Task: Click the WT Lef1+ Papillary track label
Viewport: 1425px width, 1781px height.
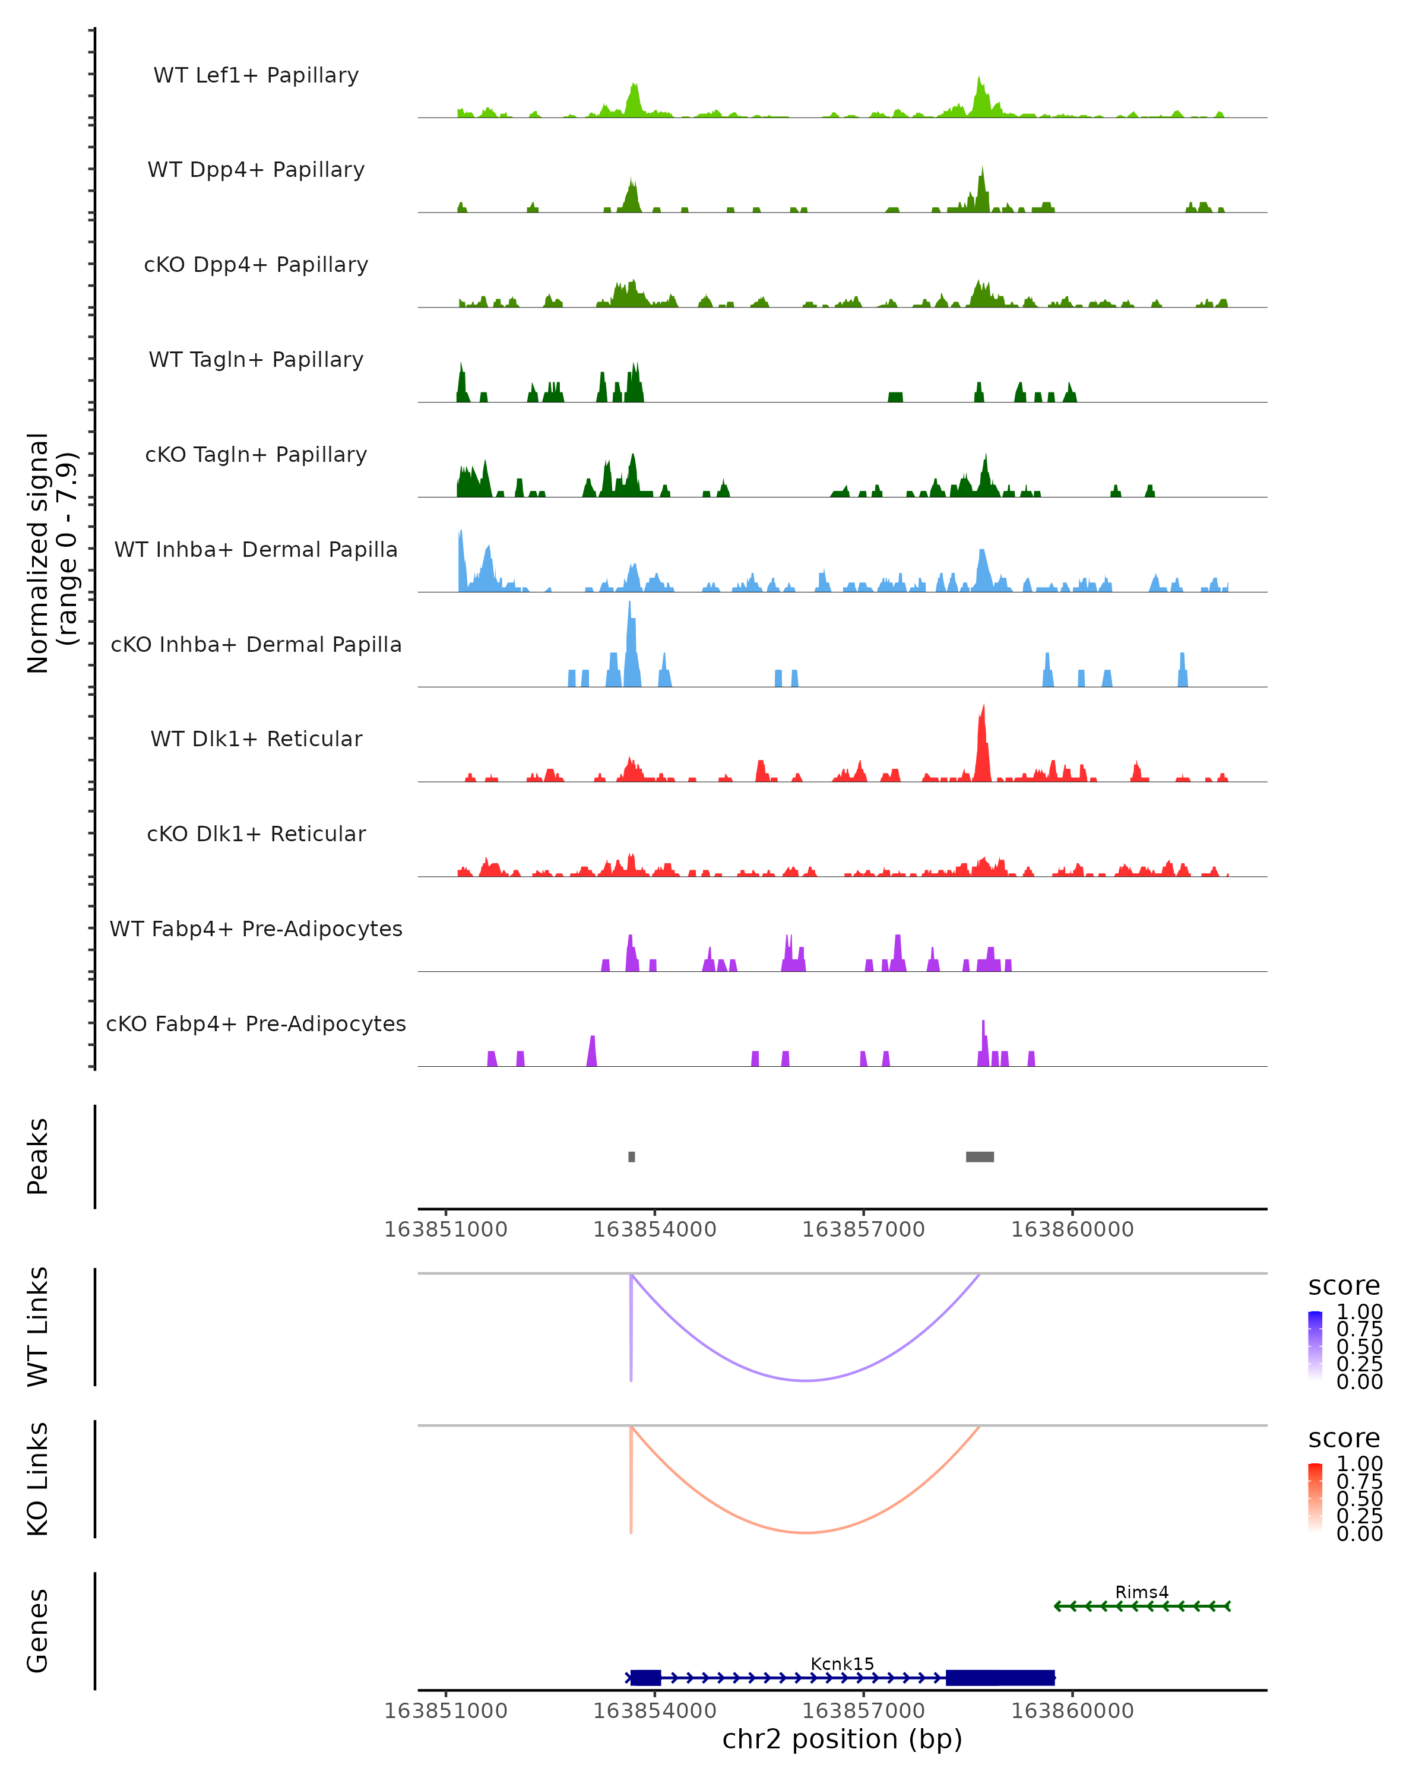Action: coord(256,75)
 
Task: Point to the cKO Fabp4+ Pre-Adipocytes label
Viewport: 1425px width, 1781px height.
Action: coord(256,1023)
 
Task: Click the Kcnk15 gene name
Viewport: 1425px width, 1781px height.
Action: coord(842,1663)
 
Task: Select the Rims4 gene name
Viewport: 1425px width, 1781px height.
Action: coord(1142,1592)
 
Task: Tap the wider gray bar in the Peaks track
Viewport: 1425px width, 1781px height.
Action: coord(980,1156)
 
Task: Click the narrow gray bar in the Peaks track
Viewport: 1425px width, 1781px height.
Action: coord(632,1156)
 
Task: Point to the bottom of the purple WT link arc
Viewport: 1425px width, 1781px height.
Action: coord(806,1380)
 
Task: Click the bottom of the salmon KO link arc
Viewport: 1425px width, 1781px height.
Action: coord(806,1532)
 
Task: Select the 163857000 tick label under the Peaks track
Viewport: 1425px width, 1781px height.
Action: coord(863,1229)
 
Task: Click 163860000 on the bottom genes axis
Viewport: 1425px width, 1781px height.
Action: coord(1072,1711)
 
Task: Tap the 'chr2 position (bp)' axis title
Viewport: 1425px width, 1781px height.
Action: coord(842,1739)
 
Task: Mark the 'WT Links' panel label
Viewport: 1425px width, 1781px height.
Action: coord(38,1327)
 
